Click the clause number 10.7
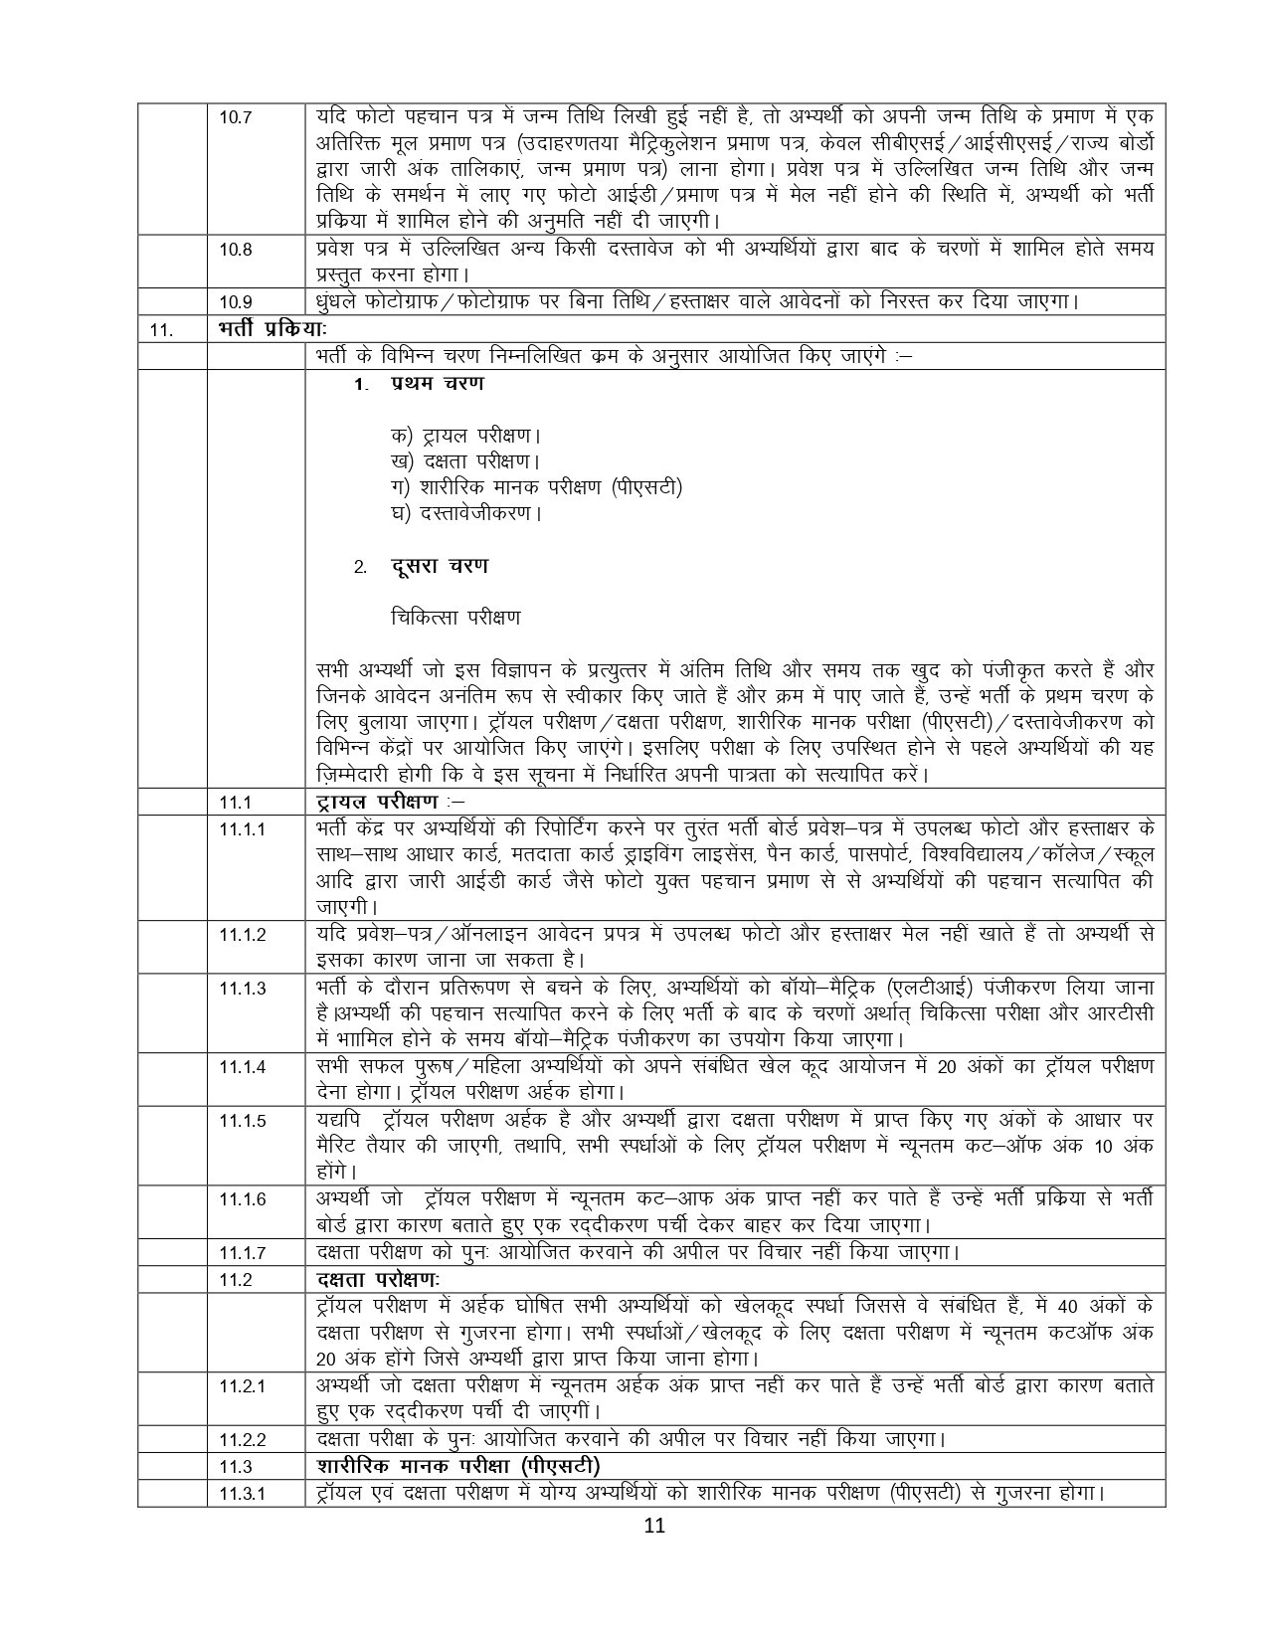tap(236, 117)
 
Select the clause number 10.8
tap(236, 250)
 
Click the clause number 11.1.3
tap(242, 989)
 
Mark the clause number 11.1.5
tap(242, 1121)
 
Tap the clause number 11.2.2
tap(242, 1439)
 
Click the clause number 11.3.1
tap(242, 1493)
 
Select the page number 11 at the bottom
tap(652, 1554)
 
